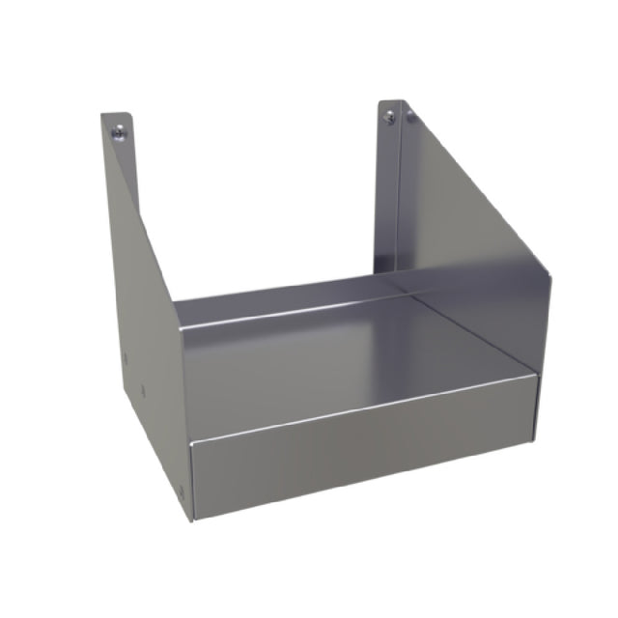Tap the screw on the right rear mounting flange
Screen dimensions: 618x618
coord(389,118)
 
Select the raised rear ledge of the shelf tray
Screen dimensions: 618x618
coord(280,300)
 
